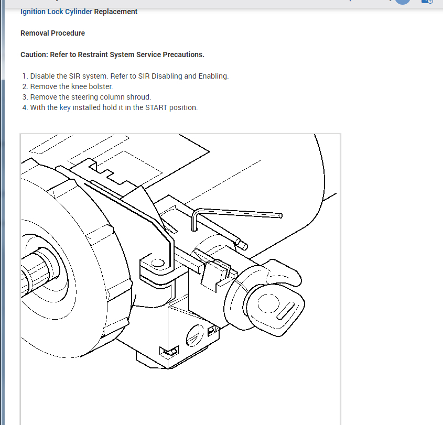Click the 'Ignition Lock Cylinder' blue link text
click(56, 12)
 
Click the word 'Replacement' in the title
click(116, 12)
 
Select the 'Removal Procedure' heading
click(52, 33)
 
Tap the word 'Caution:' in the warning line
click(34, 55)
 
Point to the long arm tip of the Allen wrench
click(279, 215)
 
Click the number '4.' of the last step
click(25, 107)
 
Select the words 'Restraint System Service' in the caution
click(111, 55)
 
